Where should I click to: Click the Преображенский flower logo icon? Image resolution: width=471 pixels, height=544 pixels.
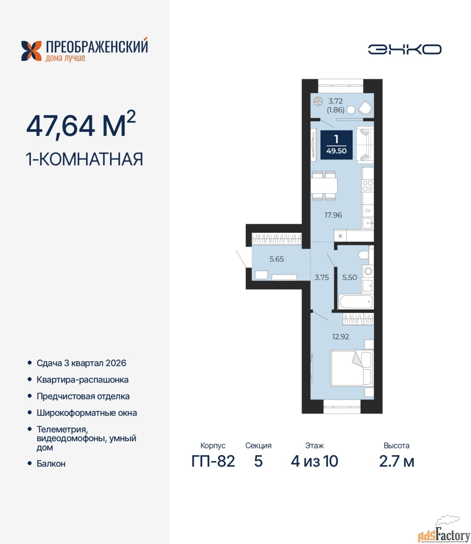tap(31, 51)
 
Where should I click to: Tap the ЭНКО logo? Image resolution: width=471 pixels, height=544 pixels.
tap(404, 49)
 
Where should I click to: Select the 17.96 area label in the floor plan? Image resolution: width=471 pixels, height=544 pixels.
tap(333, 215)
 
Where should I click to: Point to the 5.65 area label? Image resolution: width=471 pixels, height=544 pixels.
tap(276, 259)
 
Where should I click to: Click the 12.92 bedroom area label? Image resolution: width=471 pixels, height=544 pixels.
tap(341, 337)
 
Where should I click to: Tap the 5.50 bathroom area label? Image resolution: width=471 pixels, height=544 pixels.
tap(350, 277)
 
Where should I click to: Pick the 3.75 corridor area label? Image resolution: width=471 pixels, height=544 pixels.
tap(322, 278)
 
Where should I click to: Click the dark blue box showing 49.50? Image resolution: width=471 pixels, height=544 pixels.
tap(336, 145)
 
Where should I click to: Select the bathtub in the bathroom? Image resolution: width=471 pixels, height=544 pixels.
tap(356, 302)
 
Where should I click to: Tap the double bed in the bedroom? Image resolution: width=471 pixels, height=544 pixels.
tap(352, 368)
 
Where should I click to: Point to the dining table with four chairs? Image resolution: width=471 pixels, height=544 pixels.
tap(324, 186)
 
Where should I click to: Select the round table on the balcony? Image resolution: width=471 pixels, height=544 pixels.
tap(351, 110)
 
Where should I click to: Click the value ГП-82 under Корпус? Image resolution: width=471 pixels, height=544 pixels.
tap(213, 461)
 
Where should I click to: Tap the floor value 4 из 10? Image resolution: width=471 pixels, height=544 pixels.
tap(315, 461)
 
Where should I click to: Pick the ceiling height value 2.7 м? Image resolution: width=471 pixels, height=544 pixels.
tap(397, 461)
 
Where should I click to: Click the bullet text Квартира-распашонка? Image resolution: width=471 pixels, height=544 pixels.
tap(82, 380)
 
